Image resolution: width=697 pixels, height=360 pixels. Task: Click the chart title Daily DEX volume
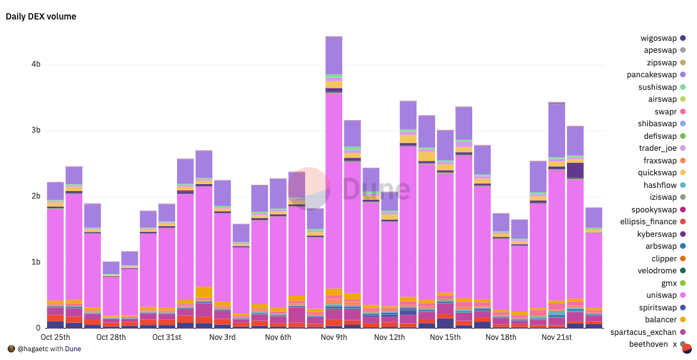coord(41,16)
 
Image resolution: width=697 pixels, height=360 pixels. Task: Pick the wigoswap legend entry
coord(659,38)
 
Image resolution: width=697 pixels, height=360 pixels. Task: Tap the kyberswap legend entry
coord(657,234)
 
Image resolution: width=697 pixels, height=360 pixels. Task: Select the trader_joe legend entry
coord(657,148)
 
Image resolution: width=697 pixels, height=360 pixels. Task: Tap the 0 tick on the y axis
coord(38,328)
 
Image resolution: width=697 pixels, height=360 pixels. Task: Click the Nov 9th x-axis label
coord(333,337)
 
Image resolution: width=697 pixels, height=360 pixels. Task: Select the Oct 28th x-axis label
coord(111,337)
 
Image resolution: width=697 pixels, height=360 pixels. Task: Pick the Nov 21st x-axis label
coord(556,337)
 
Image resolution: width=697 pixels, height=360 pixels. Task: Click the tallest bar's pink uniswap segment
coord(333,188)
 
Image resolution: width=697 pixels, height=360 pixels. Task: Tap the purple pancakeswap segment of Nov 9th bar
coord(333,55)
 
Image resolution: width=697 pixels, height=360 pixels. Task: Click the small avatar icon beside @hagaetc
coord(11,349)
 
